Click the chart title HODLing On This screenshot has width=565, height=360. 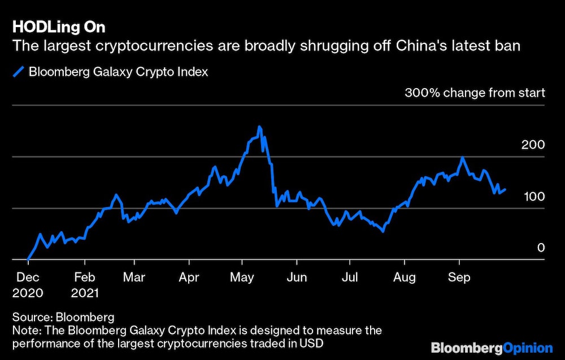[x=58, y=27]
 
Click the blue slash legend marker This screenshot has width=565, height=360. [x=19, y=72]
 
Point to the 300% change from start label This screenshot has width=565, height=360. [x=475, y=93]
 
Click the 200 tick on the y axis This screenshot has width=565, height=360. [x=533, y=145]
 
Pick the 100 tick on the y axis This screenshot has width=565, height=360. [x=533, y=196]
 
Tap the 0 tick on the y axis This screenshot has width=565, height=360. [x=541, y=248]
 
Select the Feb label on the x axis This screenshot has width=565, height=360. [x=84, y=277]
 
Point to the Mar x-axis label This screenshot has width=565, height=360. [x=134, y=277]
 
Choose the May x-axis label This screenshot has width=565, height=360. [x=242, y=277]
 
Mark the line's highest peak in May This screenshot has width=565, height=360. [x=259, y=127]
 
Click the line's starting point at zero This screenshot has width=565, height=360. [x=28, y=259]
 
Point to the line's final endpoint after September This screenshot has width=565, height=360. [x=505, y=189]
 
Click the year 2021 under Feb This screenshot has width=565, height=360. [x=85, y=293]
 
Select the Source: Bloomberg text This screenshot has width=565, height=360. [x=62, y=316]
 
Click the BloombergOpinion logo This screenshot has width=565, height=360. [x=492, y=347]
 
